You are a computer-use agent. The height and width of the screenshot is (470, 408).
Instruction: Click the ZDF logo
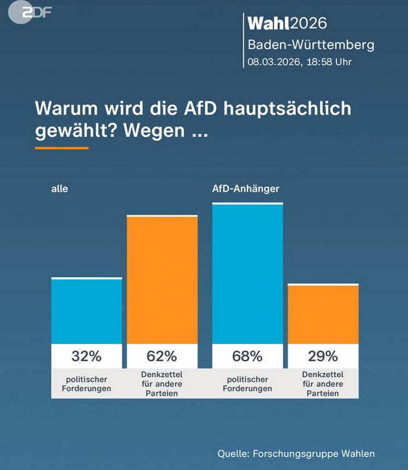[28, 13]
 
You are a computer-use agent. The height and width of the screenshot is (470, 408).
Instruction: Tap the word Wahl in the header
[268, 23]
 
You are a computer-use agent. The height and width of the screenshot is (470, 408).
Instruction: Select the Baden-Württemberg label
[311, 44]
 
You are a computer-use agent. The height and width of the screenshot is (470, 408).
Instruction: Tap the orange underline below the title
[62, 148]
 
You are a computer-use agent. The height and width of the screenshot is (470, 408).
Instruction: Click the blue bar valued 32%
[87, 311]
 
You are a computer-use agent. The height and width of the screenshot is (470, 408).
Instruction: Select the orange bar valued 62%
[162, 280]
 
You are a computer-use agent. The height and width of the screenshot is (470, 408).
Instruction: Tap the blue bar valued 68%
[248, 273]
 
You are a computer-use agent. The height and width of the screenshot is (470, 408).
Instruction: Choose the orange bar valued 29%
[323, 314]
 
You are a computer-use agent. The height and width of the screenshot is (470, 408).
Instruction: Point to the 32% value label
[87, 356]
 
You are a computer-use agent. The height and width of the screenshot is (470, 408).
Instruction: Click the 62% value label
[162, 356]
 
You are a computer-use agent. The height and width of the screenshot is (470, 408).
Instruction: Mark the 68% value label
[248, 356]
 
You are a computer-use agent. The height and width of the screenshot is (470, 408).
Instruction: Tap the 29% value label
[323, 356]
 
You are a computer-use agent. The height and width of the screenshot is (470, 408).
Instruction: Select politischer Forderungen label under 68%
[248, 384]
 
